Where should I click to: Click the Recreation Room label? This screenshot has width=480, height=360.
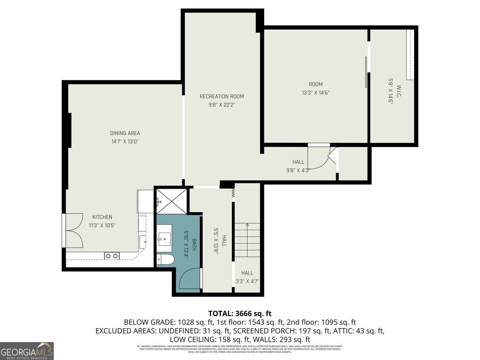222,96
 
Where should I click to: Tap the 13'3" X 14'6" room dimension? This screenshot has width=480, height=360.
316,93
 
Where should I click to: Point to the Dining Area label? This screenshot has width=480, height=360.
125,133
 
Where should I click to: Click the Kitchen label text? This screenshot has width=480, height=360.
102,217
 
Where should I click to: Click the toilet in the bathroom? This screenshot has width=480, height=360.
166,259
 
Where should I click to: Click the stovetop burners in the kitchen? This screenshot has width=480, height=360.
112,256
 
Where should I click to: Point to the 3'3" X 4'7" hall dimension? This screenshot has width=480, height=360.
247,281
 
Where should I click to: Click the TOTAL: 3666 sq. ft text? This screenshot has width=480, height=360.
240,313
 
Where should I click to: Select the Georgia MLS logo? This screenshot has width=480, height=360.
27,351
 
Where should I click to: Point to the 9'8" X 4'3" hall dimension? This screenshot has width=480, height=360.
298,170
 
